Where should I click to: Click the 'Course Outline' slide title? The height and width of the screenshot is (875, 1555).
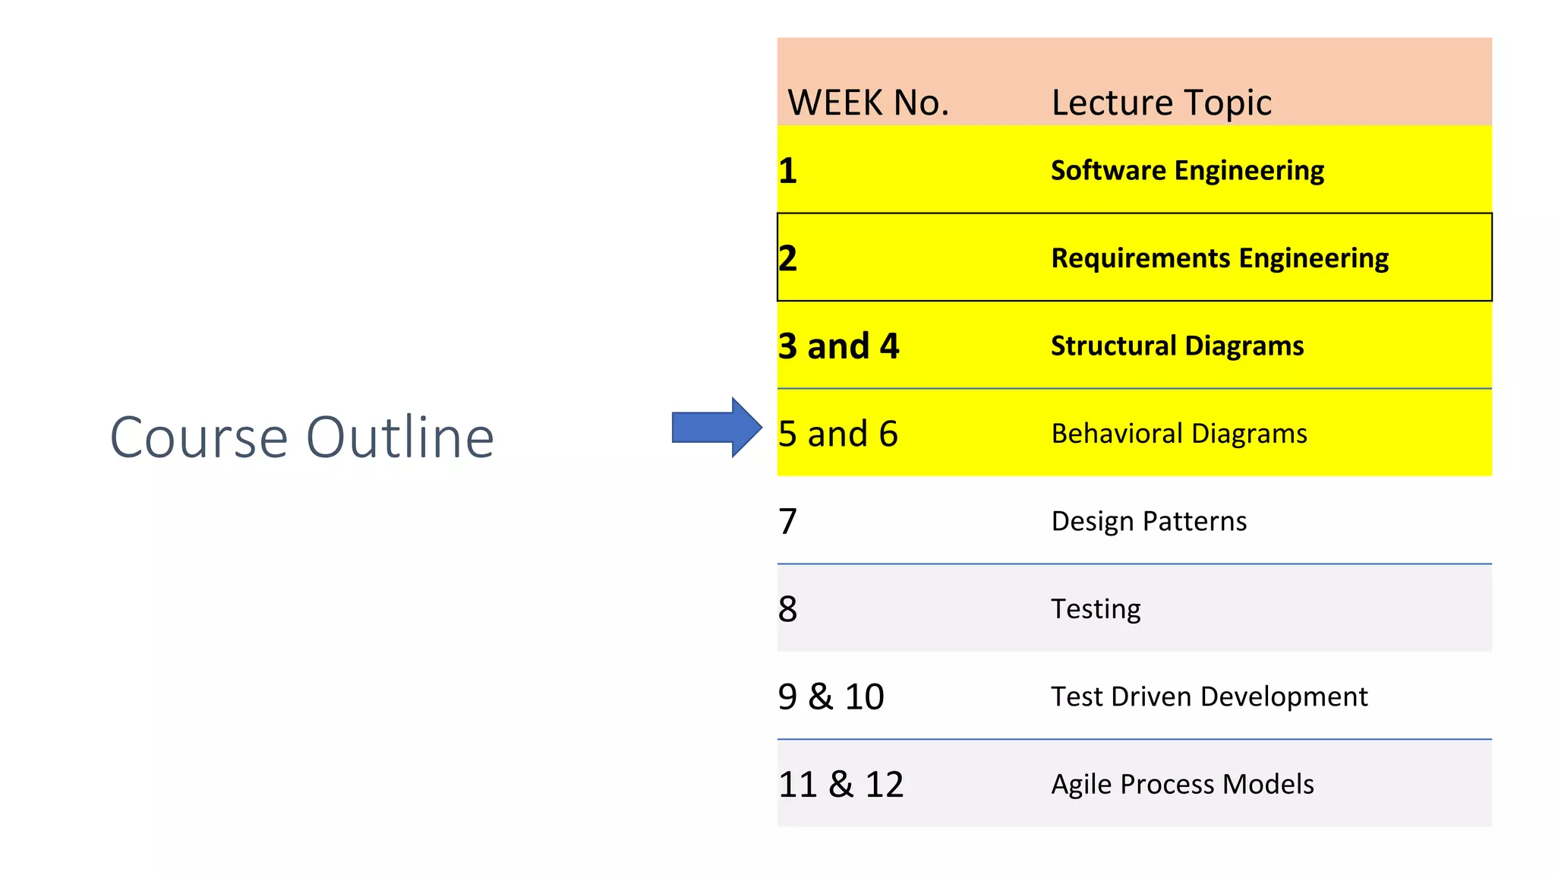coord(302,437)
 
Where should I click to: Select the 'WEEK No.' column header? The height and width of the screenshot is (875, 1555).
coord(869,103)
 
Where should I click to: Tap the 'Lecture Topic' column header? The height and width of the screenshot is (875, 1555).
coord(1161,103)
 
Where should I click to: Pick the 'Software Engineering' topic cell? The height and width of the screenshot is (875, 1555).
coord(1187,170)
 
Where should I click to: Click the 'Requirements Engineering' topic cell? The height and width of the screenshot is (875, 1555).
coord(1219,258)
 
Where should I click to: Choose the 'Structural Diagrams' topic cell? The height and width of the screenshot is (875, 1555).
coord(1177,346)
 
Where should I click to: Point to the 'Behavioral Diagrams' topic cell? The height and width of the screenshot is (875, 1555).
coord(1178,434)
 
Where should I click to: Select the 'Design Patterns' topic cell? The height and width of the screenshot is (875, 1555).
coord(1148,521)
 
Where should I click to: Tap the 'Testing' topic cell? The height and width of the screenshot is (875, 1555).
coord(1095,608)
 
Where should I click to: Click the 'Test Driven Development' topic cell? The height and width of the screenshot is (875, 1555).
coord(1209,697)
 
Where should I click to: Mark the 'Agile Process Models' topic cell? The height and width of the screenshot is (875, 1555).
coord(1182,784)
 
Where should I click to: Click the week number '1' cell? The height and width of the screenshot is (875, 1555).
coord(788,170)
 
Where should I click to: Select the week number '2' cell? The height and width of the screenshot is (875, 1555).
coord(788,258)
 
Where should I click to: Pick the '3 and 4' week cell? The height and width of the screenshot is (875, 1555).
coord(838,346)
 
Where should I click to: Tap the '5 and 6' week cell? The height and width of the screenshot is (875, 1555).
coord(837,434)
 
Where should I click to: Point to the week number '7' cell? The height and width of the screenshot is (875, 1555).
coord(788,521)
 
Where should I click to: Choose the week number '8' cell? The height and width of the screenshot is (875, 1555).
coord(788,608)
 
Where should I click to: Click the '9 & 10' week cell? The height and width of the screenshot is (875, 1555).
coord(831,697)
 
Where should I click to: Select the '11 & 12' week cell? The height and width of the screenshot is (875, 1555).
coord(841,784)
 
